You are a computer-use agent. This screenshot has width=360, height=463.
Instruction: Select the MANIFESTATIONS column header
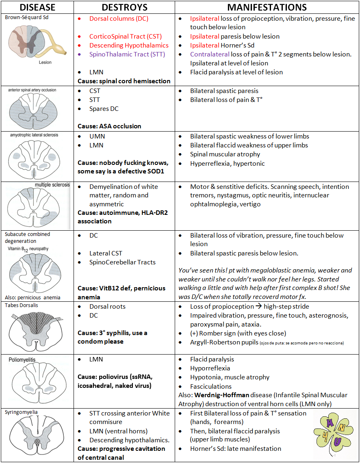coord(267,7)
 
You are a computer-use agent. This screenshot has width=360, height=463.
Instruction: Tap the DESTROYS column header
coord(125,7)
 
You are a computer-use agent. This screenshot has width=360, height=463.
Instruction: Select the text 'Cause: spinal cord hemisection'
coord(124,81)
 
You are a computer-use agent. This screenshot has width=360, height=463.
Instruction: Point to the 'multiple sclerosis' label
coord(52,185)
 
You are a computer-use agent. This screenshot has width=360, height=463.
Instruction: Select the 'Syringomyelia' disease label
coord(21,412)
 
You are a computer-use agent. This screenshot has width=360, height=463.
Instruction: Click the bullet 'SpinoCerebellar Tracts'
coord(122,262)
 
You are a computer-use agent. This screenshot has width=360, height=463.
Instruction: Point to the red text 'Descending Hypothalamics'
coord(129,45)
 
